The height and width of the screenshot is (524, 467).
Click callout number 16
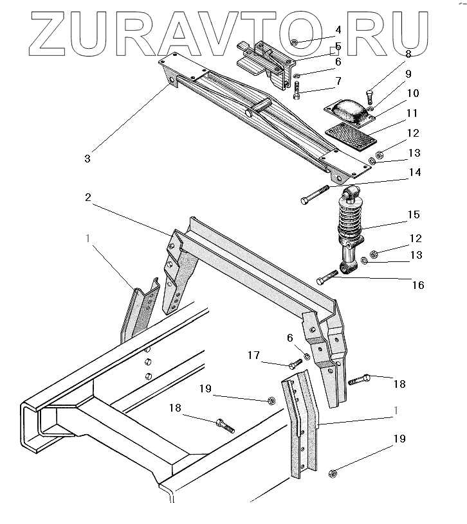coord(417,284)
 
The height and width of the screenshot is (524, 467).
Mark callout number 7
coord(338,82)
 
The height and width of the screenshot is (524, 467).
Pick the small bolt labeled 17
coord(295,363)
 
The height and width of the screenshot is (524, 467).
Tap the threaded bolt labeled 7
coord(297,91)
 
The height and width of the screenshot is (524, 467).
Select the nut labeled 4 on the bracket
coord(293,43)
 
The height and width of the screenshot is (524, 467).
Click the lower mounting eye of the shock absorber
coord(347,266)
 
